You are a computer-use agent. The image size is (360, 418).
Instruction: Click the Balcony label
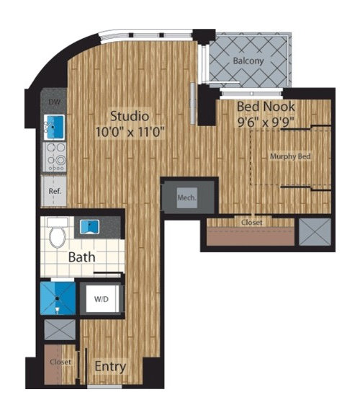[x=248, y=61]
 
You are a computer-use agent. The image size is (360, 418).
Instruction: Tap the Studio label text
[x=129, y=115]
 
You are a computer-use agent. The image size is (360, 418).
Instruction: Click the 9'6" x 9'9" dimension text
[x=266, y=122]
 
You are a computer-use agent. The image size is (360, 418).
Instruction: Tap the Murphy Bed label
[x=290, y=156]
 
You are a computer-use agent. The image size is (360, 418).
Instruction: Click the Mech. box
[x=186, y=195]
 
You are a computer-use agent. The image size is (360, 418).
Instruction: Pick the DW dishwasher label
[x=53, y=102]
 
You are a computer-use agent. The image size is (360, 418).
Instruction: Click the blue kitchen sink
[x=54, y=127]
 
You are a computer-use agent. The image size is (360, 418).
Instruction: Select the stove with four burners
[x=54, y=156]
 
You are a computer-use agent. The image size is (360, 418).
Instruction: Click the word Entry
[x=110, y=367]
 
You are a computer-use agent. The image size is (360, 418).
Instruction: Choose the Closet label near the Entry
[x=60, y=362]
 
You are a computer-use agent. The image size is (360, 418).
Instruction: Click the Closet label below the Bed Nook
[x=251, y=223]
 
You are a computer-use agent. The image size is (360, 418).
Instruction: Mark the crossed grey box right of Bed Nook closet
[x=313, y=232]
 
